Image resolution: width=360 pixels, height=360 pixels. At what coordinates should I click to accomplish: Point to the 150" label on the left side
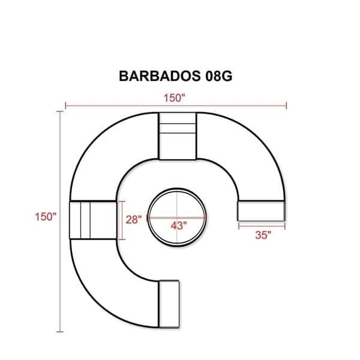[x=45, y=216]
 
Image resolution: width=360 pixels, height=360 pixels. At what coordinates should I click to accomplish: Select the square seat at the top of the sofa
[x=178, y=136]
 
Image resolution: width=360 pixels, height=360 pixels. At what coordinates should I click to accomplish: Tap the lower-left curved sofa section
[x=108, y=276]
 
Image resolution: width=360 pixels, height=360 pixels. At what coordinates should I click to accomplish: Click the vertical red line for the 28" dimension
[x=122, y=220]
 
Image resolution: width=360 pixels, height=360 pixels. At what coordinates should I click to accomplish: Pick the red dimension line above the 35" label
[x=262, y=226]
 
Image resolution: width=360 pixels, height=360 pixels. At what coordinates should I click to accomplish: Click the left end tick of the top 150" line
[x=65, y=106]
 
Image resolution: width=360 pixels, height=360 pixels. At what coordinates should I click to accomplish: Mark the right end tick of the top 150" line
[x=287, y=106]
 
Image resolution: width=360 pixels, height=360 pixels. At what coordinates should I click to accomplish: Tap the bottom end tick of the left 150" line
[x=59, y=331]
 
